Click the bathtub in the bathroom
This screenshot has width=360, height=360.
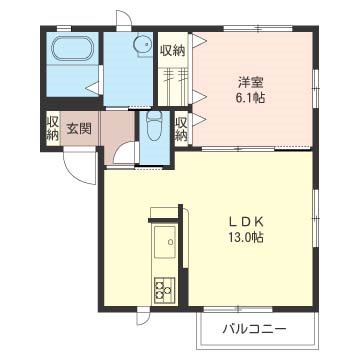click(x=70, y=51)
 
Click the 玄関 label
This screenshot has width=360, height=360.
click(x=79, y=127)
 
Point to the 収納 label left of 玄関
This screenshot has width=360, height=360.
click(x=51, y=129)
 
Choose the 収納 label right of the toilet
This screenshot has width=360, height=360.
click(x=182, y=129)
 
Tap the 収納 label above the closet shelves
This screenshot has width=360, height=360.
click(x=171, y=50)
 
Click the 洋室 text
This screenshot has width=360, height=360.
click(x=250, y=82)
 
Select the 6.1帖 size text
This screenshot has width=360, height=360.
click(x=250, y=99)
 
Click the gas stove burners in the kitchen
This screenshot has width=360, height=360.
click(x=162, y=290)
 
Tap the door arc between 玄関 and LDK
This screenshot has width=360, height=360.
click(x=125, y=156)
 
